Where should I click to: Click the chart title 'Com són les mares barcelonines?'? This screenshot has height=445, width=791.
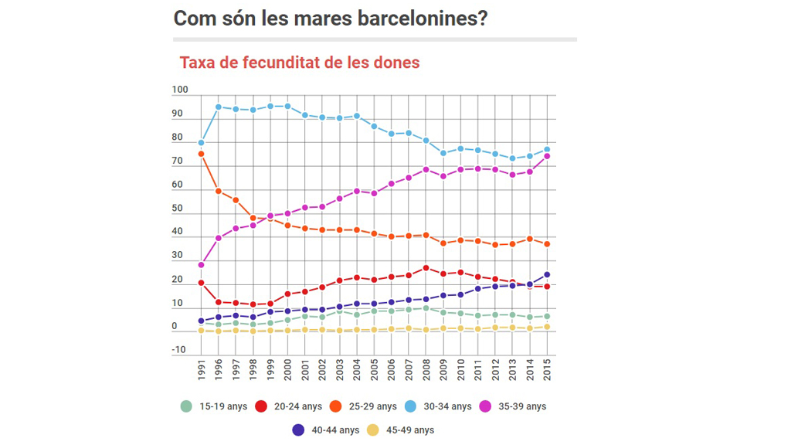tap(330, 18)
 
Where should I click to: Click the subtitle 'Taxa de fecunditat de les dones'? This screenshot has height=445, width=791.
tap(300, 63)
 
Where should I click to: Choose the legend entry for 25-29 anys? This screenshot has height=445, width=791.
tap(363, 406)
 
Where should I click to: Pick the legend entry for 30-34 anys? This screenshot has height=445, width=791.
tap(437, 406)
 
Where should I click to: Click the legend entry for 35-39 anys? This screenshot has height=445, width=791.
tap(512, 406)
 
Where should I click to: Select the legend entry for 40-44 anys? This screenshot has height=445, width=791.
tap(325, 430)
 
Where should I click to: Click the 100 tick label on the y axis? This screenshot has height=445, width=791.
tap(180, 90)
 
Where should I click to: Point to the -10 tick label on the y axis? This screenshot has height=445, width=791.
tap(179, 350)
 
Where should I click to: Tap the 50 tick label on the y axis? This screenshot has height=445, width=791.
tap(178, 208)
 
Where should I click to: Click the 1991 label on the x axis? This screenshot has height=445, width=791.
tap(202, 369)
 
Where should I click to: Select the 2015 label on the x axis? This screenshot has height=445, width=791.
tap(548, 369)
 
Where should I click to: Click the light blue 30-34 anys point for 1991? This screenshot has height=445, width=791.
tap(201, 143)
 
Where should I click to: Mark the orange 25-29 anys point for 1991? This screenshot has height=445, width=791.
tap(201, 155)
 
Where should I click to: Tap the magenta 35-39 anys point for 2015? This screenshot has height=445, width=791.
tap(547, 156)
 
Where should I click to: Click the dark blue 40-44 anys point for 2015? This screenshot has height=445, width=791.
tap(547, 274)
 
